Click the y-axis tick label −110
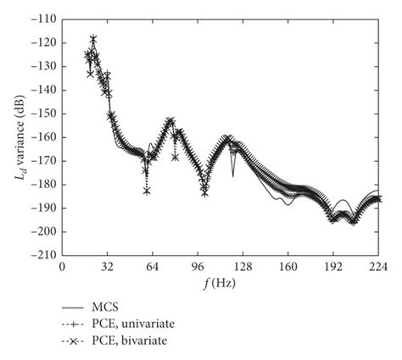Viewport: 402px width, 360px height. pyautogui.click(x=43, y=18)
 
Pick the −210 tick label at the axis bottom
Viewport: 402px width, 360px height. pyautogui.click(x=43, y=254)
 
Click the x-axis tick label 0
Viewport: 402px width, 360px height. pyautogui.click(x=62, y=266)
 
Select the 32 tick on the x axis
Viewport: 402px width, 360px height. pyautogui.click(x=107, y=266)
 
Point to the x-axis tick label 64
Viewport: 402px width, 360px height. pyautogui.click(x=152, y=266)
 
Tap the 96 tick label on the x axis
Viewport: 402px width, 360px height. pyautogui.click(x=198, y=266)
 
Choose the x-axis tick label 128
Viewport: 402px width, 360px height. pyautogui.click(x=243, y=266)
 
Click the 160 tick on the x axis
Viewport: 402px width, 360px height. pyautogui.click(x=288, y=266)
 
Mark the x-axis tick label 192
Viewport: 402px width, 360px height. pyautogui.click(x=332, y=266)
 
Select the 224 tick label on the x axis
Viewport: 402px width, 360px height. pyautogui.click(x=377, y=266)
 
